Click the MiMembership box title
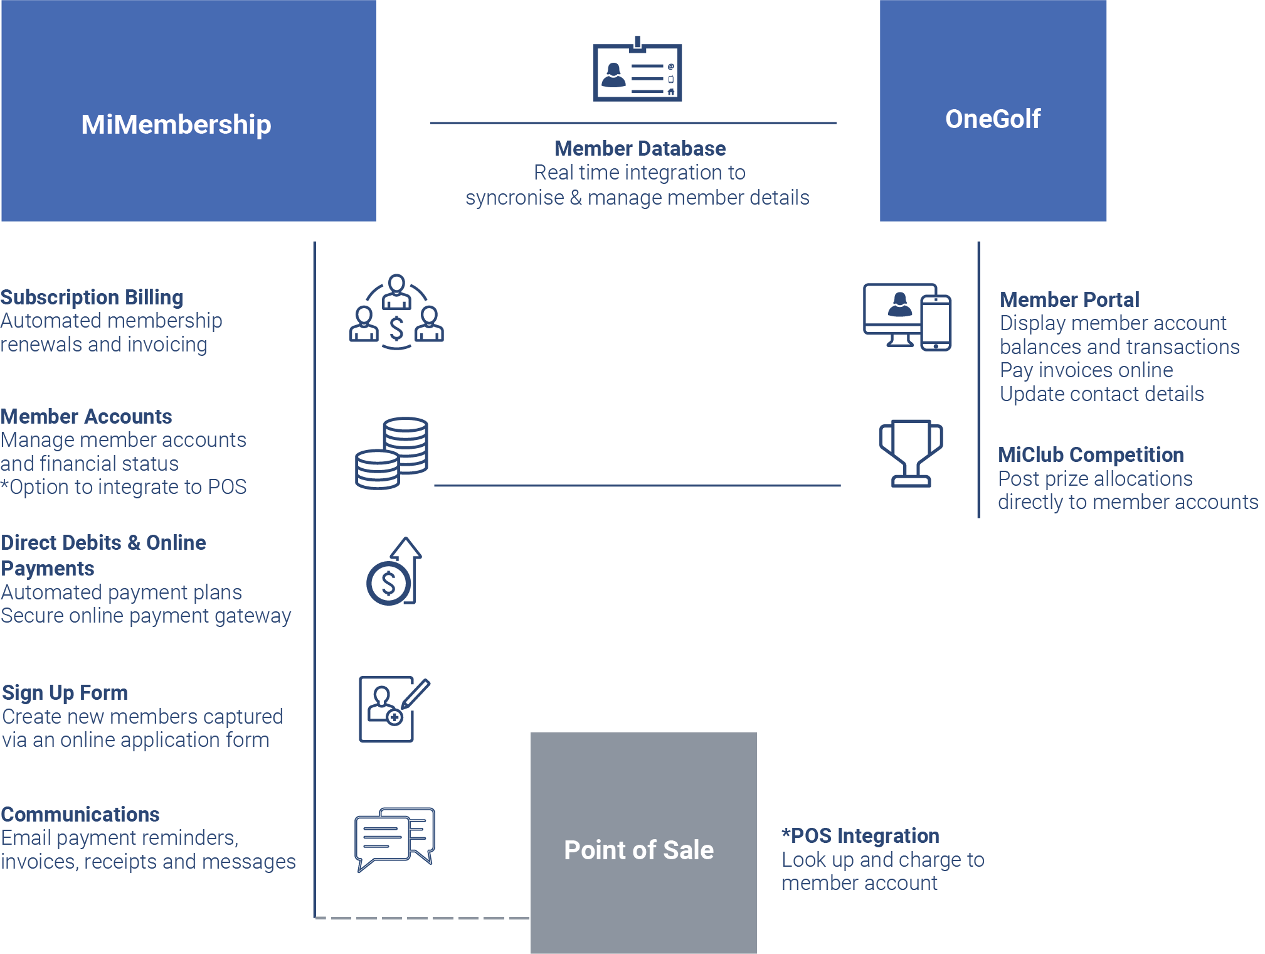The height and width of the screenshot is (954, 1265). click(x=176, y=124)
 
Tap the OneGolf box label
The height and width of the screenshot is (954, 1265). click(x=993, y=119)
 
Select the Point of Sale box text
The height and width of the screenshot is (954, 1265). click(x=638, y=850)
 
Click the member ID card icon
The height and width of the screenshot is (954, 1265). click(x=637, y=70)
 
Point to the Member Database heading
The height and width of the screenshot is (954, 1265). click(x=640, y=149)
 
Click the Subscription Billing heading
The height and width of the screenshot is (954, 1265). click(x=92, y=297)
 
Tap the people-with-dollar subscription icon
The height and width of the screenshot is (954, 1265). click(x=396, y=312)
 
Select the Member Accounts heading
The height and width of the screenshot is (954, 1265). click(x=86, y=416)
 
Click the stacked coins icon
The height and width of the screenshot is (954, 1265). click(x=392, y=453)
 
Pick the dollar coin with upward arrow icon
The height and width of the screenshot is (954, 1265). click(x=394, y=572)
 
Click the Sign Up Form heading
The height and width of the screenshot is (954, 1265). click(x=65, y=692)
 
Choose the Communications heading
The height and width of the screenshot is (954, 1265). click(x=80, y=814)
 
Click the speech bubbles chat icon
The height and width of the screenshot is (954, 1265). click(x=394, y=838)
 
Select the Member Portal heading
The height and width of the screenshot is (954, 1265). click(x=1069, y=299)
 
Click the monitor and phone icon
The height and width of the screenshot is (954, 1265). click(x=907, y=316)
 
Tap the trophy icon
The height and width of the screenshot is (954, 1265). click(x=911, y=453)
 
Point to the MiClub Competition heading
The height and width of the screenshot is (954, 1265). click(x=1091, y=454)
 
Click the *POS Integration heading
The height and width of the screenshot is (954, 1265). click(x=860, y=835)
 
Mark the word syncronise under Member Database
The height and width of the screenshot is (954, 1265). click(x=514, y=198)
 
